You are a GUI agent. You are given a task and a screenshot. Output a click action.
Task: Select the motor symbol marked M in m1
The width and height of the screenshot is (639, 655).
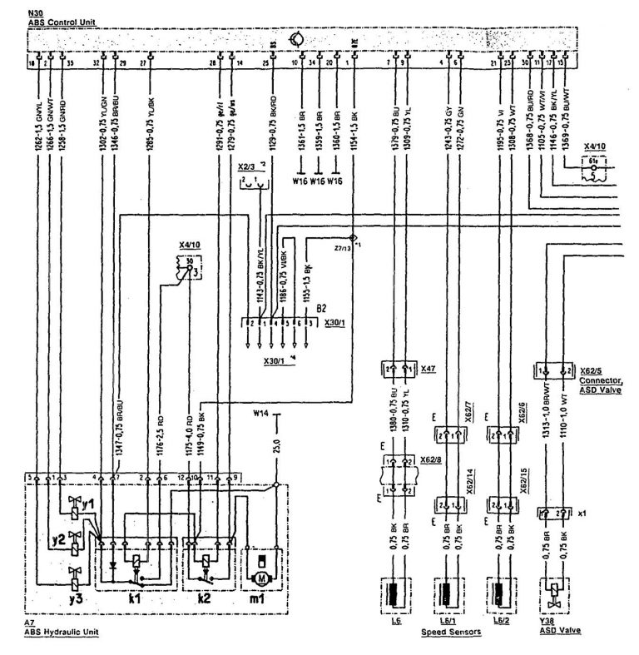point(262,576)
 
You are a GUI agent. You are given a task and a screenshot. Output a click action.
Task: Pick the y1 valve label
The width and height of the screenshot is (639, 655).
point(87,504)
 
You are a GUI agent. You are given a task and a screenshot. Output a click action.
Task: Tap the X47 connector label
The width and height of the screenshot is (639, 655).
point(428,367)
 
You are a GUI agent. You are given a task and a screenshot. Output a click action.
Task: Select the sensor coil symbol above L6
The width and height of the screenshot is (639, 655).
point(396,595)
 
